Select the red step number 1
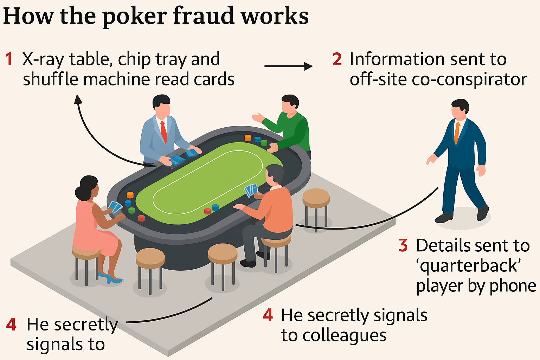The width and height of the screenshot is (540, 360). coord(9,59)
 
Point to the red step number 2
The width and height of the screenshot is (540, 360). coord(337,59)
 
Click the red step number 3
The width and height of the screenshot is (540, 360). coord(403,245)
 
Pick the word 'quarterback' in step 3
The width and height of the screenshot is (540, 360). coord(468,266)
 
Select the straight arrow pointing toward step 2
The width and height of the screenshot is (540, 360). coord(288,66)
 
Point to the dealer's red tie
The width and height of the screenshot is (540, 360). coord(163,132)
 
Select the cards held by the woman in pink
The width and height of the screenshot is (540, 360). coord(115,207)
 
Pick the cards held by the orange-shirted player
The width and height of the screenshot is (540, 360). coord(251,190)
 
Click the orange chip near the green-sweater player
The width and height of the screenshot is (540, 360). coord(248,138)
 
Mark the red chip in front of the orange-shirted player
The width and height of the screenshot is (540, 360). coord(207,211)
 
